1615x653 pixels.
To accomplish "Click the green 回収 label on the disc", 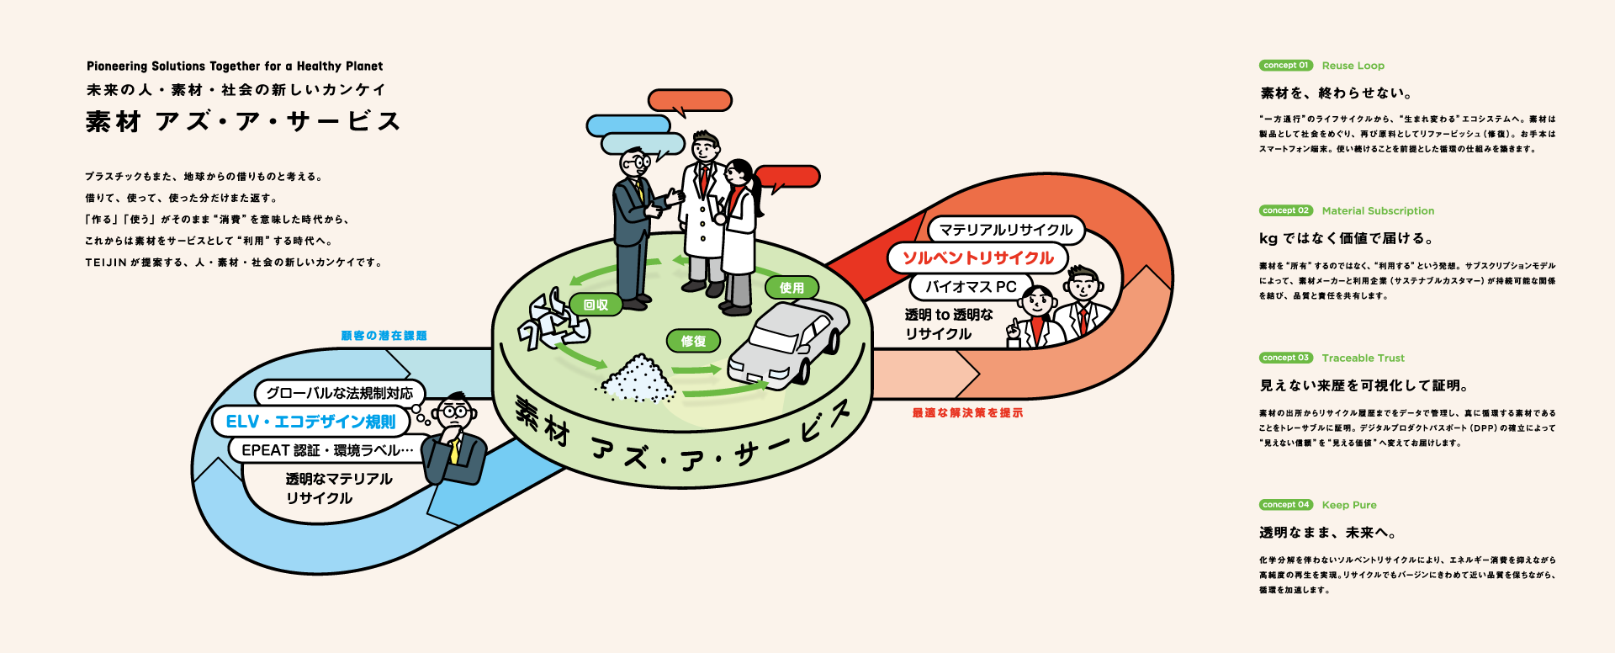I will coord(596,305).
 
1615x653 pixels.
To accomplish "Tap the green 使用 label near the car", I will coord(792,288).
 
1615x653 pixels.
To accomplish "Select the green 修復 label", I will coord(693,341).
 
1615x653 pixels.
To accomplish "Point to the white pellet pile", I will coord(637,380).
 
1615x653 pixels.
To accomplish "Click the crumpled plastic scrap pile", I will coord(552,321).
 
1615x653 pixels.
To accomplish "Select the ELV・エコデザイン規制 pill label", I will coord(310,422).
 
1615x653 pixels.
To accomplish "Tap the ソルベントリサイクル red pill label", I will coord(977,258).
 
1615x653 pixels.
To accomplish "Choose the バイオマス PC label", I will coord(971,287).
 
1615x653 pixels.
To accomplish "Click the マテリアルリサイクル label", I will coord(1006,230).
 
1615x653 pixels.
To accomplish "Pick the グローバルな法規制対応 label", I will coord(340,393).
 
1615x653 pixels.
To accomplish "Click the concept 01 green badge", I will coord(1286,66).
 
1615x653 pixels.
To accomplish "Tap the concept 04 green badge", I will coord(1286,505).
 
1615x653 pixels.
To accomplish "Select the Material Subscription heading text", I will coord(1378,211).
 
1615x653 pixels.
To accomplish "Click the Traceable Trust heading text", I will coord(1363,358).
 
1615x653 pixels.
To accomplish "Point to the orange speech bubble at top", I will coord(690,100).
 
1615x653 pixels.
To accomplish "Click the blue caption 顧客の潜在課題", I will coord(384,336).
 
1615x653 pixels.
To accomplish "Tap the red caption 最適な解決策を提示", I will coord(967,413).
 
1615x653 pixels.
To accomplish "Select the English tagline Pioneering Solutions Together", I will coord(235,66).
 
